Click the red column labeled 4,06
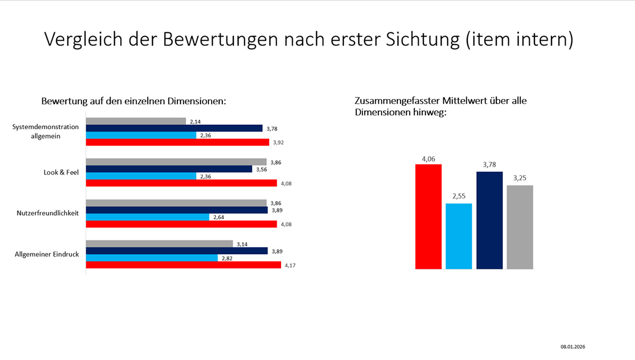[428, 217]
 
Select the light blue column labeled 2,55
[459, 236]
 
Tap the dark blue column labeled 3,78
[489, 220]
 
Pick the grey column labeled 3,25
[520, 227]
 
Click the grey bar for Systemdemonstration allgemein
[135, 121]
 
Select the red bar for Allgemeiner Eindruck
[183, 265]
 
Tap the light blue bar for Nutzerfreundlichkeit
[147, 217]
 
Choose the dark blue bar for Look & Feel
[169, 169]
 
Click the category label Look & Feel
[61, 172]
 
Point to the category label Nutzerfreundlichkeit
[48, 213]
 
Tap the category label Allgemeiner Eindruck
[47, 254]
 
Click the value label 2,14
[195, 122]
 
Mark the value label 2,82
[227, 258]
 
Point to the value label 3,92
[279, 142]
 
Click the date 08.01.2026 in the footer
[573, 347]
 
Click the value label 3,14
[242, 244]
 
